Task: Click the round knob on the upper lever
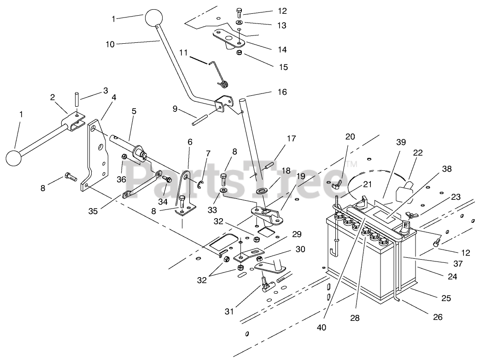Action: click(154, 18)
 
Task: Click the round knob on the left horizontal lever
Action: click(13, 158)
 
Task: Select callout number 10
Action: click(110, 44)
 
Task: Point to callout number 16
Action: click(282, 92)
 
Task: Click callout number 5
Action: click(134, 111)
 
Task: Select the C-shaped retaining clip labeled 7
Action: click(199, 185)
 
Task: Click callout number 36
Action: click(122, 179)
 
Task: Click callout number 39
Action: click(401, 142)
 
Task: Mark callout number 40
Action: click(322, 327)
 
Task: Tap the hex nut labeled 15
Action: click(240, 52)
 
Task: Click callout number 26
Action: click(438, 317)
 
